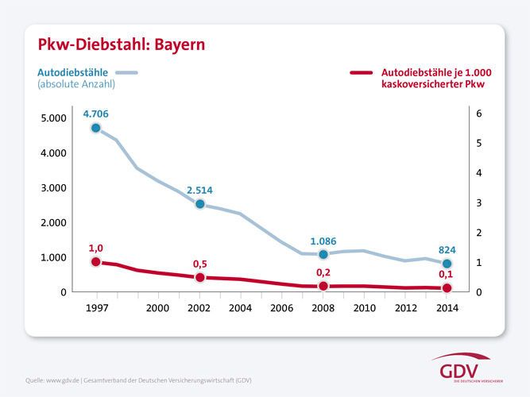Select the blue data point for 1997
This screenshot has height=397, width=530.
point(96,128)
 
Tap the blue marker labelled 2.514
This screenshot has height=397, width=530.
point(200,204)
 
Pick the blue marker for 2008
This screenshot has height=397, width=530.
point(323,254)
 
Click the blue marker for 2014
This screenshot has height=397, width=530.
point(447,264)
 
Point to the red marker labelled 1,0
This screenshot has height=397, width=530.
point(96,262)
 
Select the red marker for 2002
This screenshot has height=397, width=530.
point(200,277)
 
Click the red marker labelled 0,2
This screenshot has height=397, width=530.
point(323,286)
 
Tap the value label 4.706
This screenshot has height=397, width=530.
point(95,114)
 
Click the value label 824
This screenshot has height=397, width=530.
point(447,249)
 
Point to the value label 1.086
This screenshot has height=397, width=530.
point(324,240)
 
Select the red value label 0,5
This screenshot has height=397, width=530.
point(200,263)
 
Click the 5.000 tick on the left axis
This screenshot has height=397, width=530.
point(53,118)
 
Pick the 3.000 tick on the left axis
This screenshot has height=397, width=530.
point(53,188)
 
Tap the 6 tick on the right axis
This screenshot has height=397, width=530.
point(478,114)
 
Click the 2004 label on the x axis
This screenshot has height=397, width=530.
point(241,307)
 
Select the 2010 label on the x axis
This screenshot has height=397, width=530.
point(364,307)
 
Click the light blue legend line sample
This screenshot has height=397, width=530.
point(126,72)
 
